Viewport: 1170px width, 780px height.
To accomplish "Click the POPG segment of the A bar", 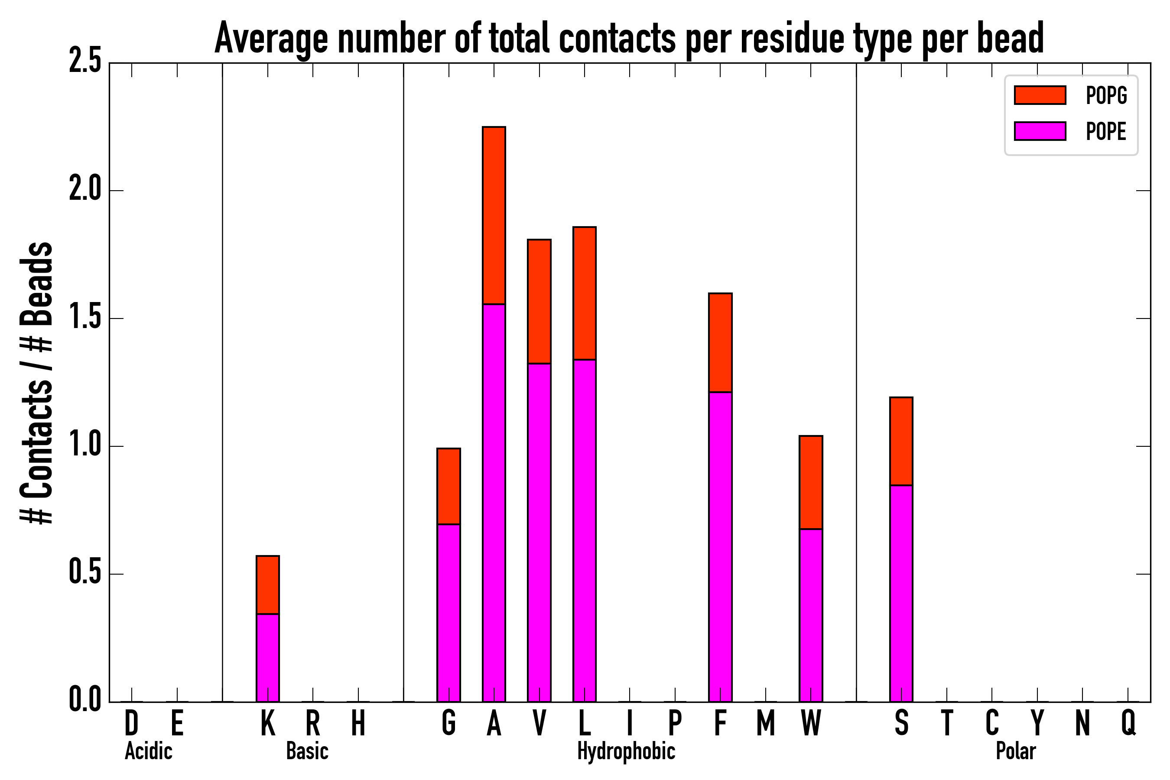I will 494,215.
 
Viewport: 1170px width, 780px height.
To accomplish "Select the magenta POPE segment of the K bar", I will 268,658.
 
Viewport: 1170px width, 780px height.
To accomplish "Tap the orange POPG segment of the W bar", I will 810,483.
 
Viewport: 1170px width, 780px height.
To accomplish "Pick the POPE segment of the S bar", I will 901,593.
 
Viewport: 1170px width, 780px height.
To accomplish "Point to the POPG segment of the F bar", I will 720,343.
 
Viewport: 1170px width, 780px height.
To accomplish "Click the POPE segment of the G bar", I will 448,613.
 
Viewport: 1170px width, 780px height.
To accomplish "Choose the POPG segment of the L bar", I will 584,293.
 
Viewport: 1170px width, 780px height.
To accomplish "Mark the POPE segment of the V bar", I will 539,532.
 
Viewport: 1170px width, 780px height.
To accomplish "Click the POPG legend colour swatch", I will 1040,95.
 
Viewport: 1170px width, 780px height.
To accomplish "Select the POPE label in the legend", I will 1105,131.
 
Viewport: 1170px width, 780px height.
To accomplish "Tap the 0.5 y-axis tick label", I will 84,574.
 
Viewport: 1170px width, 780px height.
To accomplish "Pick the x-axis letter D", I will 131,723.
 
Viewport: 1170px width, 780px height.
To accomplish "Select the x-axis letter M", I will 766,723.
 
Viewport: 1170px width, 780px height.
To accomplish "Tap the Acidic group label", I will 148,751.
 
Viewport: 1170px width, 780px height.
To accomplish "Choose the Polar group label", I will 1015,751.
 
